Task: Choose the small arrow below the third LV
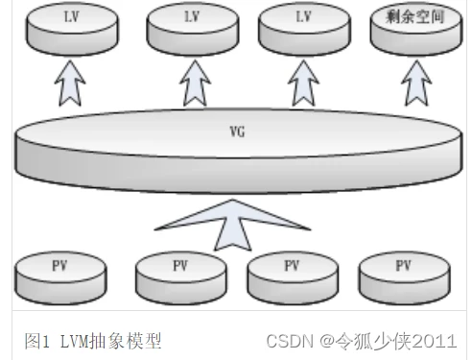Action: click(x=305, y=84)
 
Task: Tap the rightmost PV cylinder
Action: click(x=404, y=274)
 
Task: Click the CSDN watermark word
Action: click(x=291, y=340)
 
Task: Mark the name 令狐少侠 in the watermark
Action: click(x=371, y=340)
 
